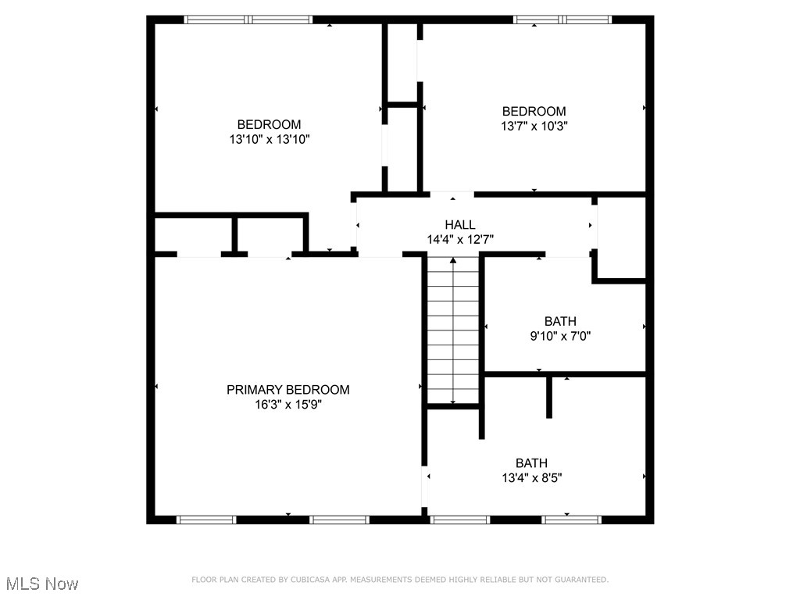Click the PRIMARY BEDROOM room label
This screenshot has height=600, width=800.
(287, 390)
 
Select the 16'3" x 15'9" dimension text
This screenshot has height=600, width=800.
(287, 405)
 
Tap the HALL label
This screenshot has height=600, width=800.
(460, 225)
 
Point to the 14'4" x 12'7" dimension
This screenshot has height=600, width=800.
(460, 240)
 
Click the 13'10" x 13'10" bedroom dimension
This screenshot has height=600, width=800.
(269, 139)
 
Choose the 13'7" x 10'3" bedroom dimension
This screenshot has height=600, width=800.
(534, 126)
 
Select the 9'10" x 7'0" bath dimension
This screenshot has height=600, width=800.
(560, 336)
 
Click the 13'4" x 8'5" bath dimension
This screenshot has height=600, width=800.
(531, 477)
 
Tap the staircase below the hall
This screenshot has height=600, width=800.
(453, 332)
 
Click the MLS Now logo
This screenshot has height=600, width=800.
(42, 584)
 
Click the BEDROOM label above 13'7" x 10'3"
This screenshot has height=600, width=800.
(534, 111)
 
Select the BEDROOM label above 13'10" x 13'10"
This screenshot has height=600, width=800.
(269, 124)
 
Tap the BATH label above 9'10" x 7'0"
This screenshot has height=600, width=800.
(560, 321)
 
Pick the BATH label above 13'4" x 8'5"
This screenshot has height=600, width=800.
(531, 462)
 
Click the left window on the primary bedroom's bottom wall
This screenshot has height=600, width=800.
(206, 520)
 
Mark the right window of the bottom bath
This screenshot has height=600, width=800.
(572, 520)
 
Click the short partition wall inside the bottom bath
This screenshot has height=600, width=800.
(549, 397)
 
